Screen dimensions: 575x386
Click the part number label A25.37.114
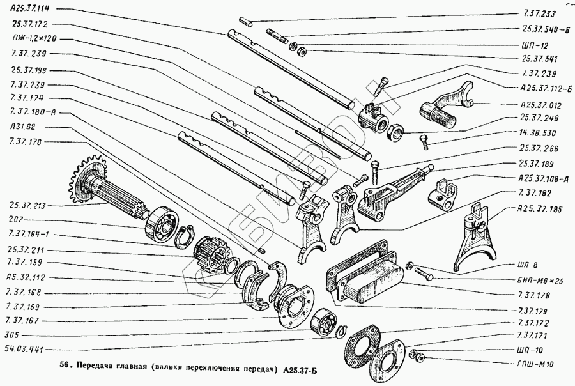pyautogui.click(x=30, y=9)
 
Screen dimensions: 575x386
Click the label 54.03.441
pyautogui.click(x=25, y=349)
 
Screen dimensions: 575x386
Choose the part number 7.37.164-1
pyautogui.click(x=28, y=235)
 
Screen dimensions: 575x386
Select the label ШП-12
pyautogui.click(x=532, y=45)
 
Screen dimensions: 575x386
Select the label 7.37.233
pyautogui.click(x=538, y=13)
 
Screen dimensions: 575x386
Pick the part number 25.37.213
pyautogui.click(x=28, y=206)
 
